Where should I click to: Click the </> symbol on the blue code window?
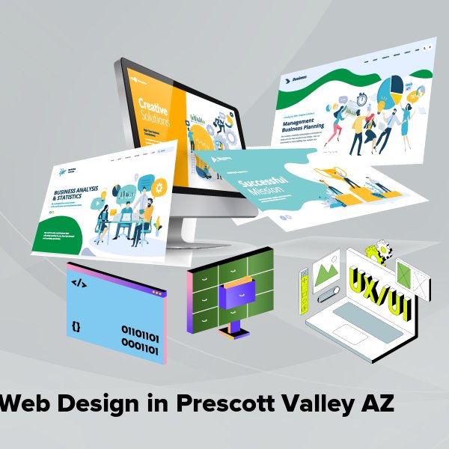coord(79,284)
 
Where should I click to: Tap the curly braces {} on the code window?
coord(76,326)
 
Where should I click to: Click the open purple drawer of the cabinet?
coord(240,291)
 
